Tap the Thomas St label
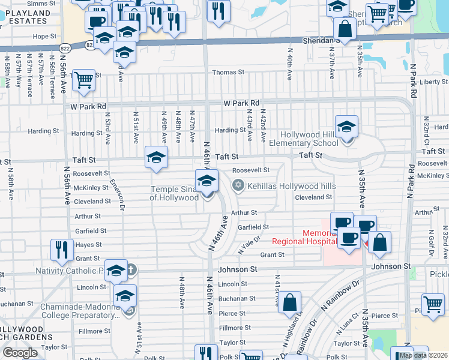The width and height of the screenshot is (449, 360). tap(228, 72)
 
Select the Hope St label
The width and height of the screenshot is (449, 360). tap(44, 36)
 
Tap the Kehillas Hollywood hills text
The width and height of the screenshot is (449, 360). tap(292, 186)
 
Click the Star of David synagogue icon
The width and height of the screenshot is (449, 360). tap(238, 185)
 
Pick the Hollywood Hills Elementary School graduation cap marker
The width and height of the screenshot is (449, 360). tap(346, 128)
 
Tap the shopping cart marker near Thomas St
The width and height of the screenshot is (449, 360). tap(83, 79)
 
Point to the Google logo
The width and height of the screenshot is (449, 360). tap(20, 353)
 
